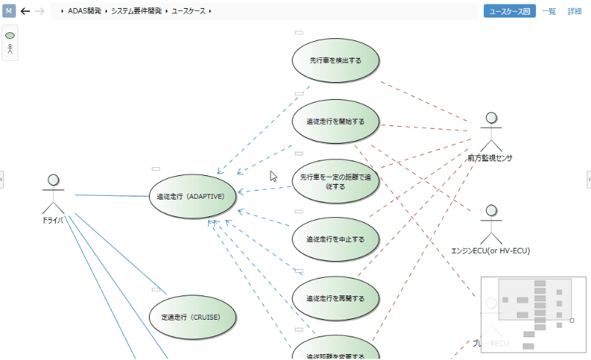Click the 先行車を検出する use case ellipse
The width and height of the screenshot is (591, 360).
[x=335, y=61]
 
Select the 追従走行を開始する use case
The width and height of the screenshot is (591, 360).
[x=335, y=121]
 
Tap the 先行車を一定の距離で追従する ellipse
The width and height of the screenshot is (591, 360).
[x=335, y=181]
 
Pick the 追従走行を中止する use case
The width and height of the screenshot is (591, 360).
[x=335, y=239]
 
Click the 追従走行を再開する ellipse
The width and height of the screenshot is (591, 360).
[x=335, y=298]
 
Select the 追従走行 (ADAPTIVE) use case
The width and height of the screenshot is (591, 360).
[x=195, y=196]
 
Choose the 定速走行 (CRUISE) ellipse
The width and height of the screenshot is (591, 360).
[x=194, y=317]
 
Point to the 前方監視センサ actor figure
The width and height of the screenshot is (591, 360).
[x=491, y=132]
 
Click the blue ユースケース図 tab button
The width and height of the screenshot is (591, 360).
[x=509, y=11]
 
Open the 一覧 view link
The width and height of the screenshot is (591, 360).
[x=548, y=11]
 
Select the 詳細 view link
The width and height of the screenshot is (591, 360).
[x=574, y=11]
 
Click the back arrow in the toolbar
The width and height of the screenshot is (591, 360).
[x=25, y=11]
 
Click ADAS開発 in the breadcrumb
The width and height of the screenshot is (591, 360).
[x=84, y=11]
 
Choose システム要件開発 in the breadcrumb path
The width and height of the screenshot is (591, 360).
[x=137, y=11]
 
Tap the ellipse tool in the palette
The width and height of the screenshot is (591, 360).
[x=10, y=35]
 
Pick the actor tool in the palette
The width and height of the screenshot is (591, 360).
[x=10, y=50]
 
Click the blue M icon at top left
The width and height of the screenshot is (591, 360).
[x=10, y=11]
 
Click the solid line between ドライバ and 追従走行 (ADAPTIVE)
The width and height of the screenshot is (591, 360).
[x=110, y=196]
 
